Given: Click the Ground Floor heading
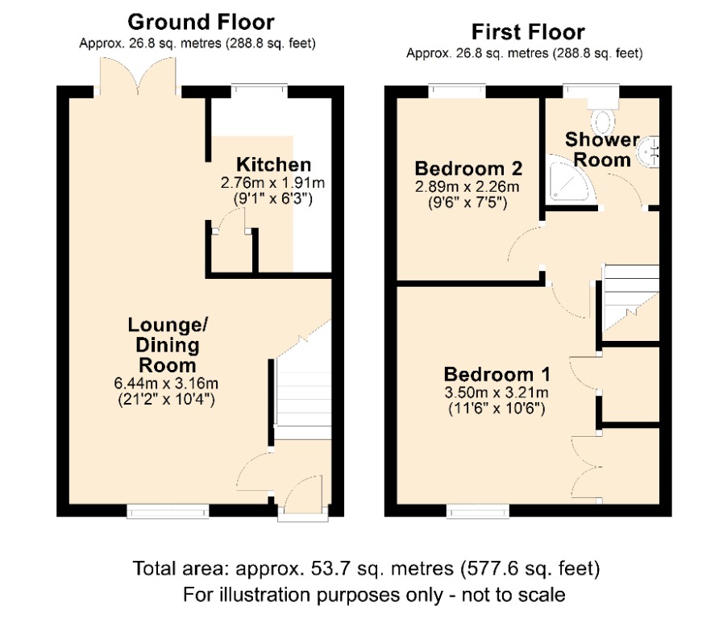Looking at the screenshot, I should click(x=201, y=22).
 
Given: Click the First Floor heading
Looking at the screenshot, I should click(x=528, y=32).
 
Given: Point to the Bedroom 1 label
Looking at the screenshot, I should click(x=497, y=375).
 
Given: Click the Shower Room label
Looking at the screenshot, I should click(x=597, y=148).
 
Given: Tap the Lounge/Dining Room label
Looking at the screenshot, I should click(x=167, y=345).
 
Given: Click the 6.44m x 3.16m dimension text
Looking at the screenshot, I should click(x=168, y=383).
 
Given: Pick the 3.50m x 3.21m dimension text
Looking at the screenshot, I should click(x=497, y=394).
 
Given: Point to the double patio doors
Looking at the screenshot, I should click(x=138, y=81).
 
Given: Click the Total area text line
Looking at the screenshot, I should click(x=367, y=570).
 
